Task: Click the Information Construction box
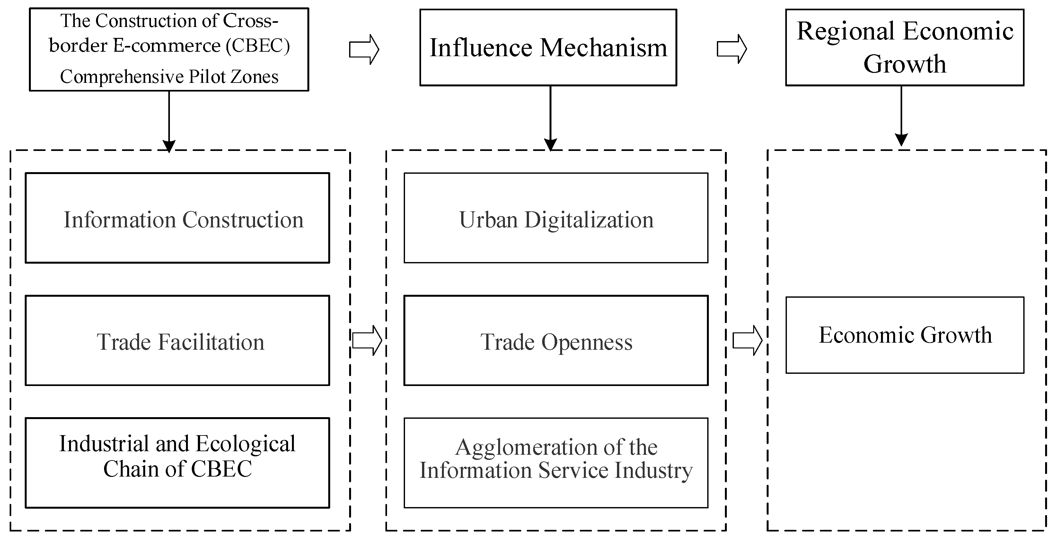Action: pos(177,218)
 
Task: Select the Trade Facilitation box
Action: pos(177,340)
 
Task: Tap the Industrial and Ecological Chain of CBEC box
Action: pos(177,463)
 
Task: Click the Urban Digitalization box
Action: pos(556,218)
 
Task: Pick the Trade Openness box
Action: pos(556,340)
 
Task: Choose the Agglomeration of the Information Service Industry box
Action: pos(556,463)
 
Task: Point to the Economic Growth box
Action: pos(905,335)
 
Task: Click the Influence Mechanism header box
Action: pos(548,48)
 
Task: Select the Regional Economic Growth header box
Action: pos(904,48)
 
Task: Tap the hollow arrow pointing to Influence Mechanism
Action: pos(364,49)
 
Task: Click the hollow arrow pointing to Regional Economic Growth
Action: pos(732,49)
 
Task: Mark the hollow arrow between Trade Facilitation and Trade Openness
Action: pos(367,340)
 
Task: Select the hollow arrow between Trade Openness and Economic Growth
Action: pos(747,340)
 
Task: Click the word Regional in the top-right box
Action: pos(846,31)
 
